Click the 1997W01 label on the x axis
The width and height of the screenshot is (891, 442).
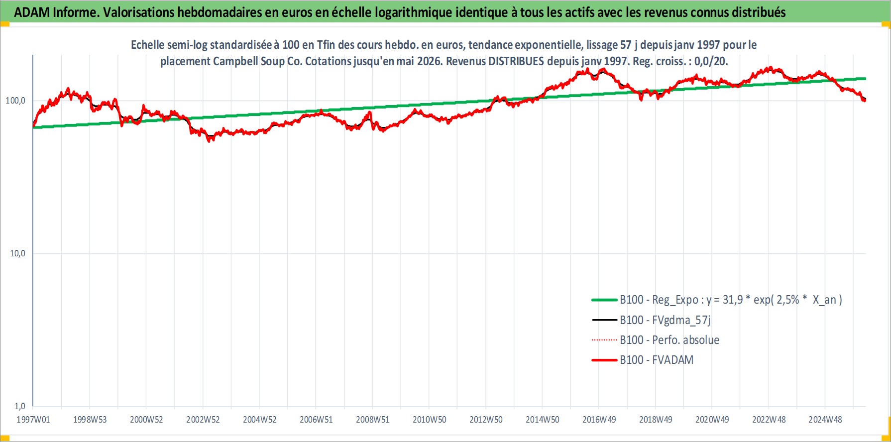33,420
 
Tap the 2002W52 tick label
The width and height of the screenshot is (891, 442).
203,420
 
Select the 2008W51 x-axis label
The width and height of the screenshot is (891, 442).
373,420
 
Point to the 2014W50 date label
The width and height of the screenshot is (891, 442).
543,420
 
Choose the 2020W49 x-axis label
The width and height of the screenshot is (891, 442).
712,420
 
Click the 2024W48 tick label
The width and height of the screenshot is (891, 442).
825,420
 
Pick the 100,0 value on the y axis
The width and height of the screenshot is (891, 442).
15,101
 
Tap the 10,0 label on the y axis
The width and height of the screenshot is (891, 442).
17,253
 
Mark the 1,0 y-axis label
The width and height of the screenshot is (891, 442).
20,406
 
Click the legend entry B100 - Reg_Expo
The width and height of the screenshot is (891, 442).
731,300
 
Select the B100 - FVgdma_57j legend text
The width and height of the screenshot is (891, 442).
665,320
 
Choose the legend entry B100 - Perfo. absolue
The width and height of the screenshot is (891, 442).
669,340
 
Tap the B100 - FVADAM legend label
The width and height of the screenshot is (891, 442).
657,360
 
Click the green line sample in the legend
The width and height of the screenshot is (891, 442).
604,300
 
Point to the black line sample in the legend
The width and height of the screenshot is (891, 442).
604,320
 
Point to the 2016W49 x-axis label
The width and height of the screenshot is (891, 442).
599,420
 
